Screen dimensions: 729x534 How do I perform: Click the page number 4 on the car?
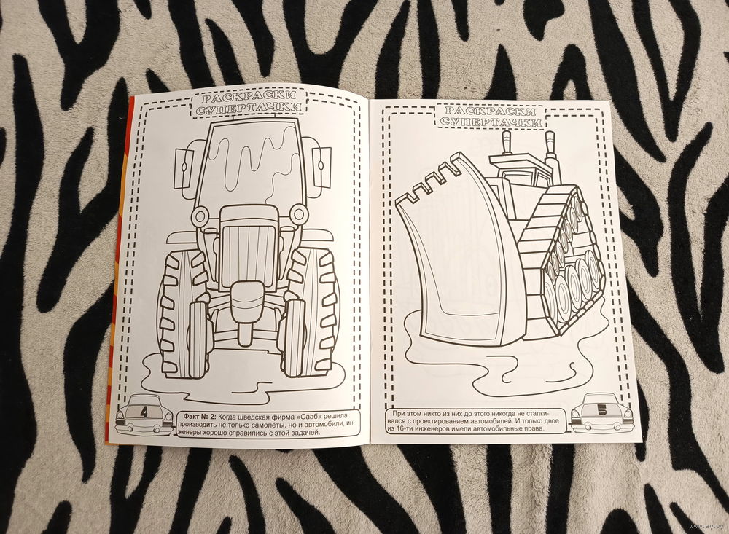(x=143, y=412)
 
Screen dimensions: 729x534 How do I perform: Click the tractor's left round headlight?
(x=201, y=216)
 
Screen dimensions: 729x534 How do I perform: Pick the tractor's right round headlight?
(x=297, y=213)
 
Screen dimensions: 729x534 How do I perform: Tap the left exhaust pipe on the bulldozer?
(x=507, y=142)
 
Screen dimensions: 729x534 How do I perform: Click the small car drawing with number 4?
(x=144, y=415)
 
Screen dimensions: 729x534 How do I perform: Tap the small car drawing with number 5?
(x=601, y=412)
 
